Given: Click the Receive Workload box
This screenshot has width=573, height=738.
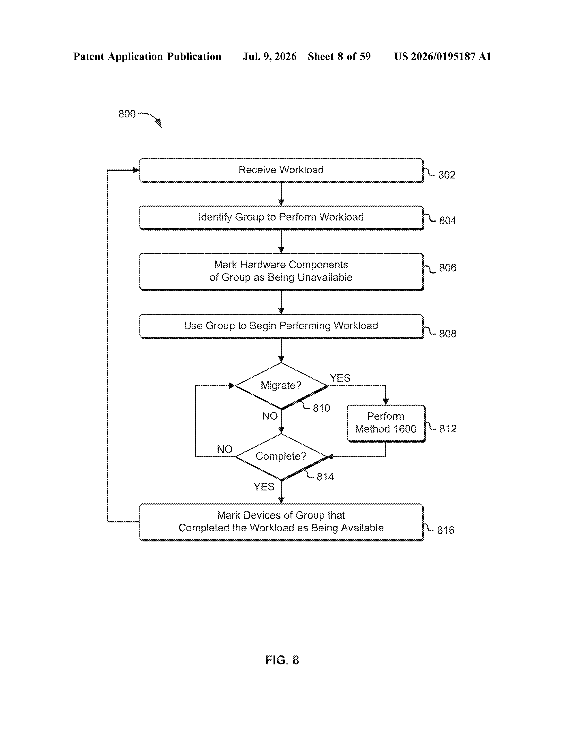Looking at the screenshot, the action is pos(281,170).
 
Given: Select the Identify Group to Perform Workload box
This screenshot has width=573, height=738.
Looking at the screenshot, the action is pos(281,218).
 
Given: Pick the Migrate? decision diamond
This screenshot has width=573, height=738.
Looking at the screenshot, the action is pos(281,386).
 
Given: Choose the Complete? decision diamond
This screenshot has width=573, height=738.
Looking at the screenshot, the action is pos(281,457).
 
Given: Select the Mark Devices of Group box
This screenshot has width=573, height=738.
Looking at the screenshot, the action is pos(281,522).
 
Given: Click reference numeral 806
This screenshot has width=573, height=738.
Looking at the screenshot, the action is pos(447,268).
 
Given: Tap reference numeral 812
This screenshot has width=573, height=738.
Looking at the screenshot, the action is pos(448,429).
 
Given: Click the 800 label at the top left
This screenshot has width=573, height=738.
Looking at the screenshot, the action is pos(127,114).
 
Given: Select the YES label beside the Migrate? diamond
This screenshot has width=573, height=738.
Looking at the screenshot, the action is pos(340,378).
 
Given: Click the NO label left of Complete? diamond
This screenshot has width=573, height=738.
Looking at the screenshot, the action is pos(224,450).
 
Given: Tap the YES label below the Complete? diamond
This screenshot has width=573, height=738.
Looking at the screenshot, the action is pos(264,487).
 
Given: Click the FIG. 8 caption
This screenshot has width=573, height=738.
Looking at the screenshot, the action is pos(282,660).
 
